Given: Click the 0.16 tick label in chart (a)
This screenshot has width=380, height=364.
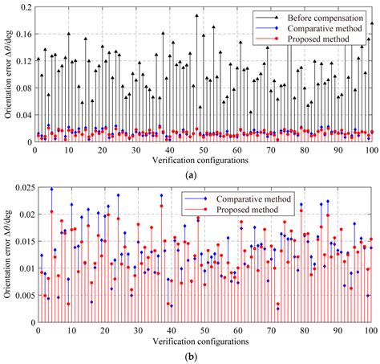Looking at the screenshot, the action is tap(24, 34).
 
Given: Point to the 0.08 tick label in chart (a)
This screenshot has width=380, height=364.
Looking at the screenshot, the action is tap(24, 88).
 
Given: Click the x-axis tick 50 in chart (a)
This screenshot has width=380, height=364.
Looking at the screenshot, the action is tap(204, 150).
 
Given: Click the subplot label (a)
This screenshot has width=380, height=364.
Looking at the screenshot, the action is tap(191, 175).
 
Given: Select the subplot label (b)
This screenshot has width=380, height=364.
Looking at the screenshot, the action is tap(191, 357).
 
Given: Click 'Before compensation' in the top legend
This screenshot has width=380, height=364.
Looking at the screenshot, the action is tap(325, 18).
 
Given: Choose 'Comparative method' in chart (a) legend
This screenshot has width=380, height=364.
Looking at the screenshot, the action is tap(325, 28).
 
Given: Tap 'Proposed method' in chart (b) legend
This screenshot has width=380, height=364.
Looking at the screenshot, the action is tap(247, 210).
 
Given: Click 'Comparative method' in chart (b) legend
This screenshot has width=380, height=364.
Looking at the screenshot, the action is tap(253, 199).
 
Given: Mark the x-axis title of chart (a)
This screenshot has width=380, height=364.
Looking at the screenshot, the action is tap(200, 160).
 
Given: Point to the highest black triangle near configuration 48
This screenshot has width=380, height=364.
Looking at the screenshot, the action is tap(196, 15).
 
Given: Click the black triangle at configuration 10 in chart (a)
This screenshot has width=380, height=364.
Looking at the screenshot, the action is tap(69, 34).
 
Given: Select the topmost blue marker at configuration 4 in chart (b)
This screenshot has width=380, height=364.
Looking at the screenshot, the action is tap(51, 189).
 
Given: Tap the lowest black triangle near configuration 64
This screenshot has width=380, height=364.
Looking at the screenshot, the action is tap(250, 112).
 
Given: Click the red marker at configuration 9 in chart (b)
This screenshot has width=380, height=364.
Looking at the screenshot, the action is tap(68, 304).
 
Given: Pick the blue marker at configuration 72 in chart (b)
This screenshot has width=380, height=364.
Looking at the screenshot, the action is tap(278, 309).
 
